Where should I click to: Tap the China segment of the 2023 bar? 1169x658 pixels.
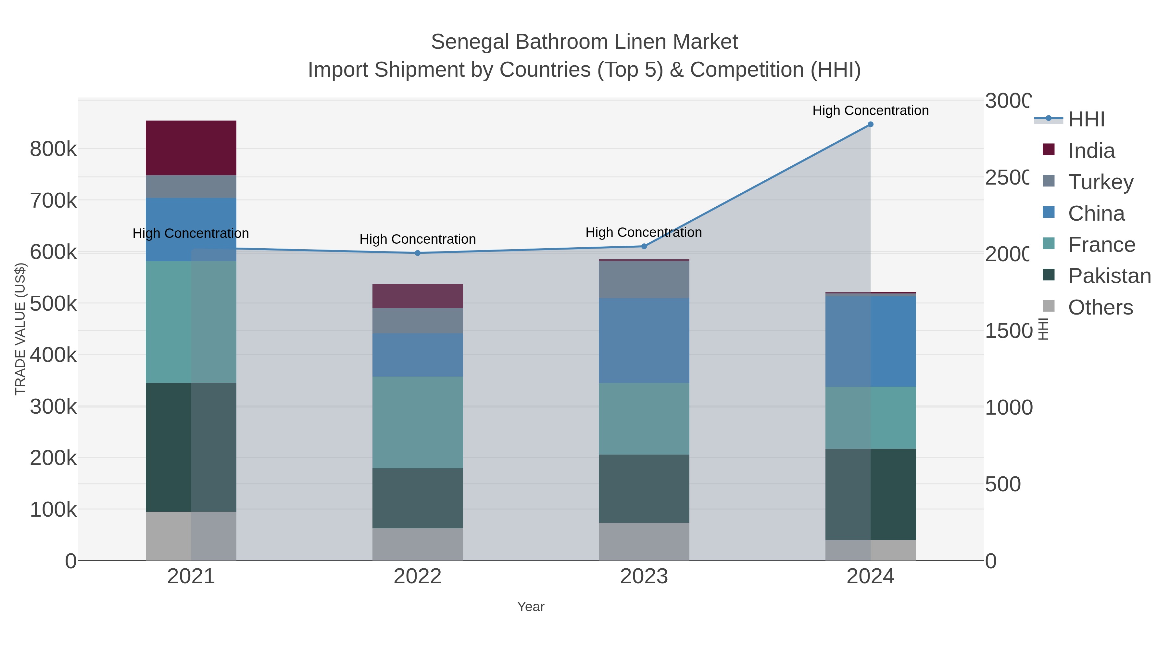(644, 340)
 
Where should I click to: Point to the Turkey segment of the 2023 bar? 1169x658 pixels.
(644, 279)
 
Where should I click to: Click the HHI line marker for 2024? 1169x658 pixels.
(870, 124)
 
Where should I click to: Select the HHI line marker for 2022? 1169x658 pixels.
(418, 253)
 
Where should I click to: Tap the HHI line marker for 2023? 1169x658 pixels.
(644, 246)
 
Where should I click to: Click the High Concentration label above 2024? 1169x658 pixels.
(870, 110)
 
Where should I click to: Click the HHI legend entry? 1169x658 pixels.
(1086, 120)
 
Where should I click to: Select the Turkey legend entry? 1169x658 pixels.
(1100, 182)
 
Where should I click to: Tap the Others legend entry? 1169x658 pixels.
(1100, 307)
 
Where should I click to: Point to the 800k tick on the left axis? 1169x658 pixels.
(53, 149)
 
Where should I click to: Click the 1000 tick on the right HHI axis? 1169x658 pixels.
(1008, 407)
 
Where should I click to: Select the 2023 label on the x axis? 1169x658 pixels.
(644, 576)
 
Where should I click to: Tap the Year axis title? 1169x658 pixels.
(531, 607)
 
